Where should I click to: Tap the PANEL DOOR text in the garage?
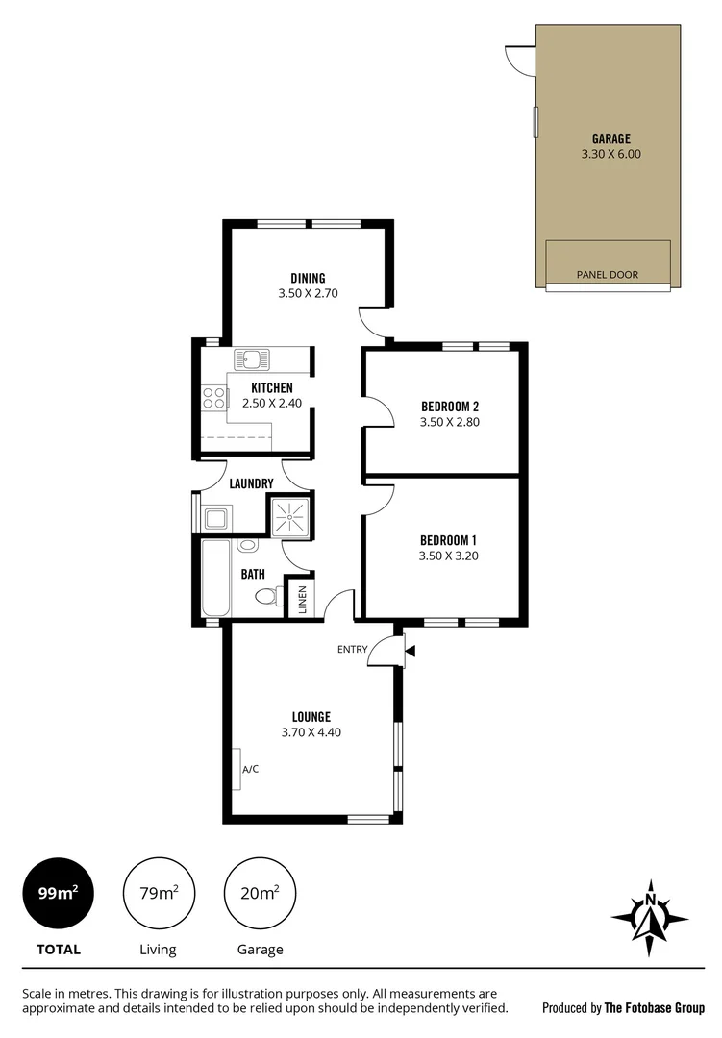pyautogui.click(x=607, y=275)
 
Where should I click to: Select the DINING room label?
pyautogui.click(x=308, y=279)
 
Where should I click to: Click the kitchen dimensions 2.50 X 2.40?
pyautogui.click(x=271, y=404)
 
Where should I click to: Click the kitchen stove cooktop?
pyautogui.click(x=212, y=399)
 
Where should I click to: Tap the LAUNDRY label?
pyautogui.click(x=252, y=483)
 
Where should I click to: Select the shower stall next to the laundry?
pyautogui.click(x=289, y=516)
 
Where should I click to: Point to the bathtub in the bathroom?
pyautogui.click(x=215, y=579)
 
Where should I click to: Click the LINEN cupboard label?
pyautogui.click(x=302, y=599)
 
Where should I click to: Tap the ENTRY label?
pyautogui.click(x=352, y=650)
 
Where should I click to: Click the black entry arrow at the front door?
pyautogui.click(x=411, y=652)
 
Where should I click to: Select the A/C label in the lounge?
pyautogui.click(x=250, y=769)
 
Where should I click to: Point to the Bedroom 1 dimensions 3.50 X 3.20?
pyautogui.click(x=449, y=556)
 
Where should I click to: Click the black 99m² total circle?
pyautogui.click(x=57, y=892)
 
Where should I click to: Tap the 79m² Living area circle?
pyautogui.click(x=158, y=892)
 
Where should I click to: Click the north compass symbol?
pyautogui.click(x=650, y=911)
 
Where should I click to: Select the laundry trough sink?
pyautogui.click(x=215, y=519)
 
